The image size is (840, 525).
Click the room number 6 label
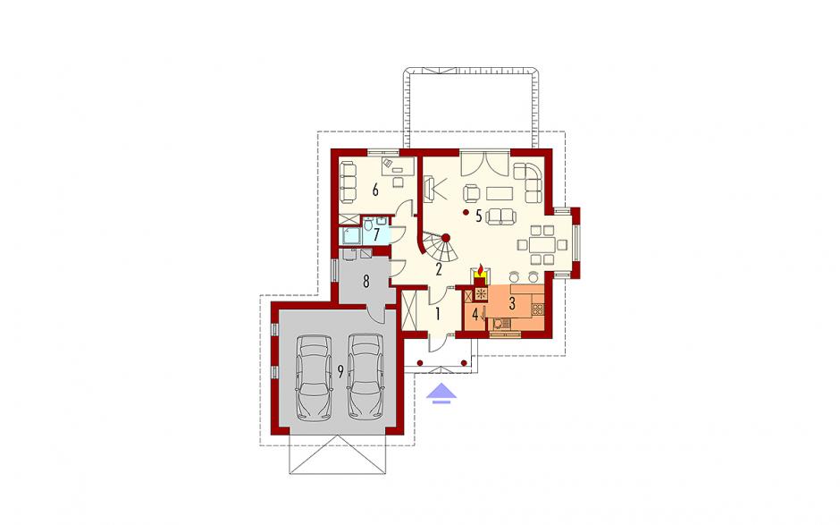[375, 190]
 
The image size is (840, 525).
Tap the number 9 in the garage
[340, 372]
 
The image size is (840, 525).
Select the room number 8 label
[366, 282]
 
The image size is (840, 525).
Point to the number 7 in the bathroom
[376, 234]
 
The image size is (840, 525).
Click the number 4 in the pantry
[475, 314]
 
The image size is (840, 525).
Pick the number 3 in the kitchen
[512, 303]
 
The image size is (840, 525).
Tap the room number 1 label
[438, 314]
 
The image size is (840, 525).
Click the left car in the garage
[314, 377]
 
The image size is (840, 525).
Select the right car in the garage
[365, 376]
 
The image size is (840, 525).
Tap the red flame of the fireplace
[481, 267]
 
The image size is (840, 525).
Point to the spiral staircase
[441, 247]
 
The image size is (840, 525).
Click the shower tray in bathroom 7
[351, 235]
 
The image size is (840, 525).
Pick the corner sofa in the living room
[529, 182]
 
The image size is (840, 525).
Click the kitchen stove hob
[537, 309]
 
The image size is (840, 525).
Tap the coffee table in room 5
[500, 192]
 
